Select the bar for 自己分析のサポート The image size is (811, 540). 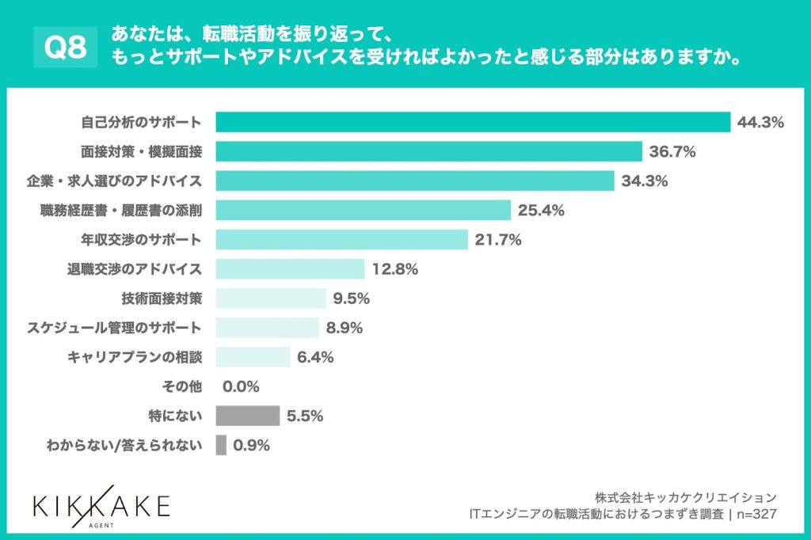pyautogui.click(x=472, y=122)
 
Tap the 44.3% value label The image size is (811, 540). pyautogui.click(x=760, y=122)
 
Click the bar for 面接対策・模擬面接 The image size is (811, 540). pyautogui.click(x=428, y=151)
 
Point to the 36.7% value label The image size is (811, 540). pyautogui.click(x=672, y=151)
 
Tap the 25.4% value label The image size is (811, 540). pyautogui.click(x=541, y=210)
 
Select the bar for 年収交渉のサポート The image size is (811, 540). pyautogui.click(x=341, y=239)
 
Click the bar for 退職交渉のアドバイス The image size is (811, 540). pyautogui.click(x=290, y=268)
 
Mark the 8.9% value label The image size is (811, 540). pyautogui.click(x=342, y=328)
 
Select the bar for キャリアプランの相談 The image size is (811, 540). pyautogui.click(x=253, y=357)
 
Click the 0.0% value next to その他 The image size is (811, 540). pyautogui.click(x=242, y=386)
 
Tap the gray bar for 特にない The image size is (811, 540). pyautogui.click(x=247, y=416)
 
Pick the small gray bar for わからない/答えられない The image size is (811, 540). pyautogui.click(x=221, y=445)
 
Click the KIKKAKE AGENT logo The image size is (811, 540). pyautogui.click(x=101, y=506)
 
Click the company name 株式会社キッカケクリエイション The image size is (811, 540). pyautogui.click(x=686, y=497)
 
